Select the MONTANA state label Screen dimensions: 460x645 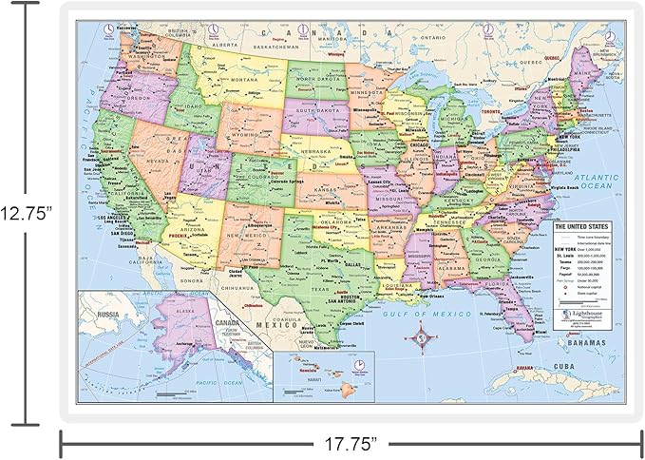click(x=244, y=80)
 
